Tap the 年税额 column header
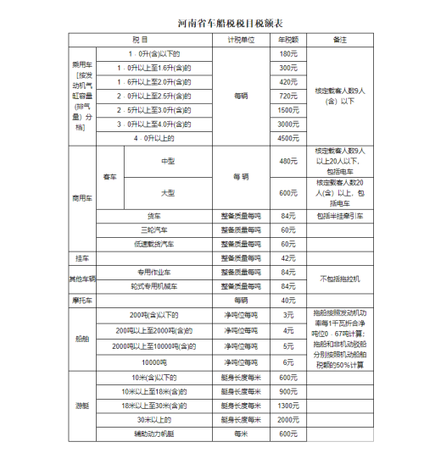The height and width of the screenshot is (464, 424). pos(288,40)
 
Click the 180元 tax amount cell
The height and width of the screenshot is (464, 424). pos(288,53)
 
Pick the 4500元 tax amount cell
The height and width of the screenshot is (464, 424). pos(288,137)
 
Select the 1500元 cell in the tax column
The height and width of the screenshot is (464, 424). pos(288,110)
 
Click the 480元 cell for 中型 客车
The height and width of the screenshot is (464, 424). pos(288,160)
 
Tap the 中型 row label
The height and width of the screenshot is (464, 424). pos(167,160)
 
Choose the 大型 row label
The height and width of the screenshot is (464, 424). pos(167,193)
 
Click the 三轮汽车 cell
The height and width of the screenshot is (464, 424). pos(153,229)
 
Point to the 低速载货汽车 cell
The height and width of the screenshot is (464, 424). pos(153,243)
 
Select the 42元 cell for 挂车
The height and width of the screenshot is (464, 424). pos(288,257)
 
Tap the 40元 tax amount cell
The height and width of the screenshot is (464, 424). pos(288,300)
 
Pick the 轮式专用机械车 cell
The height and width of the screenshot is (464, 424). pos(153,285)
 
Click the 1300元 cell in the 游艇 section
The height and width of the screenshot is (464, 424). pos(288,406)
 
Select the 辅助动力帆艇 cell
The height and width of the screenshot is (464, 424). pos(153,434)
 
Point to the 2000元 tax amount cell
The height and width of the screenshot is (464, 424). pos(288,419)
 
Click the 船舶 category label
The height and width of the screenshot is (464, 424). pos(82,339)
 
